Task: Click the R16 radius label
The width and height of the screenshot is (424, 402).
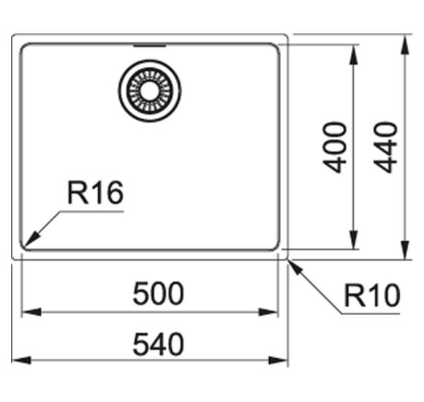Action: [96, 193]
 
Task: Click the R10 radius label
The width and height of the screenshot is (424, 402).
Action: [372, 295]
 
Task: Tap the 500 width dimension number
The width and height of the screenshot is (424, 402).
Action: [159, 293]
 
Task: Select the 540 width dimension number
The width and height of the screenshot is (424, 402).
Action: [159, 344]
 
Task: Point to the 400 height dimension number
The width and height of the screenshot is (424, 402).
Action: [335, 148]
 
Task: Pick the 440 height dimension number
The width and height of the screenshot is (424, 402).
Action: [385, 148]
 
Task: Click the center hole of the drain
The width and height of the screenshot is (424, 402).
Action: [150, 91]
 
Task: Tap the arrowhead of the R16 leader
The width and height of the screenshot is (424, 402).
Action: [31, 238]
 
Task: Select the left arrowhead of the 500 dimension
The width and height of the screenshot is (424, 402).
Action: [31, 312]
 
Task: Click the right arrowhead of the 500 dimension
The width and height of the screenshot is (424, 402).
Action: [268, 312]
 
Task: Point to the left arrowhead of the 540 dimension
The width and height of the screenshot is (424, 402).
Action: [21, 360]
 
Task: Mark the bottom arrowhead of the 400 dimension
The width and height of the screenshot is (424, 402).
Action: [353, 239]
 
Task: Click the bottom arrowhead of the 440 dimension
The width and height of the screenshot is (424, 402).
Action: [404, 249]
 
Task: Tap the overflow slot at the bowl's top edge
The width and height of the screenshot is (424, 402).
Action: [150, 45]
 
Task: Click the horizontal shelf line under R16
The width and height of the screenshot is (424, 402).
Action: [92, 211]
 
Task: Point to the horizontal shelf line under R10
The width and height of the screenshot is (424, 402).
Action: [371, 314]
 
